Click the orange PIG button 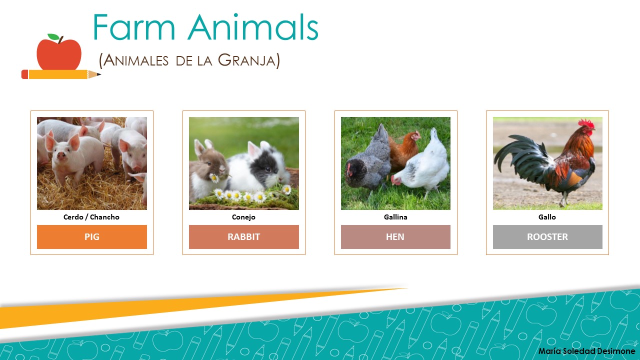tap(92, 237)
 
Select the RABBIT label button tap(244, 237)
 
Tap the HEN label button tap(395, 237)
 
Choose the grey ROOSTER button tap(547, 237)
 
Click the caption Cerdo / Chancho tap(91, 217)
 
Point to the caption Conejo tap(244, 217)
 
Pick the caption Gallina tap(395, 217)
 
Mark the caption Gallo tap(547, 217)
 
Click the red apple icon tap(59, 54)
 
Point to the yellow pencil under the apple tap(60, 74)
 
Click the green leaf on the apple tap(53, 37)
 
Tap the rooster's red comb tap(586, 123)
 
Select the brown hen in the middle tap(405, 147)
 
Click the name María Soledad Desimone tap(586, 351)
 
